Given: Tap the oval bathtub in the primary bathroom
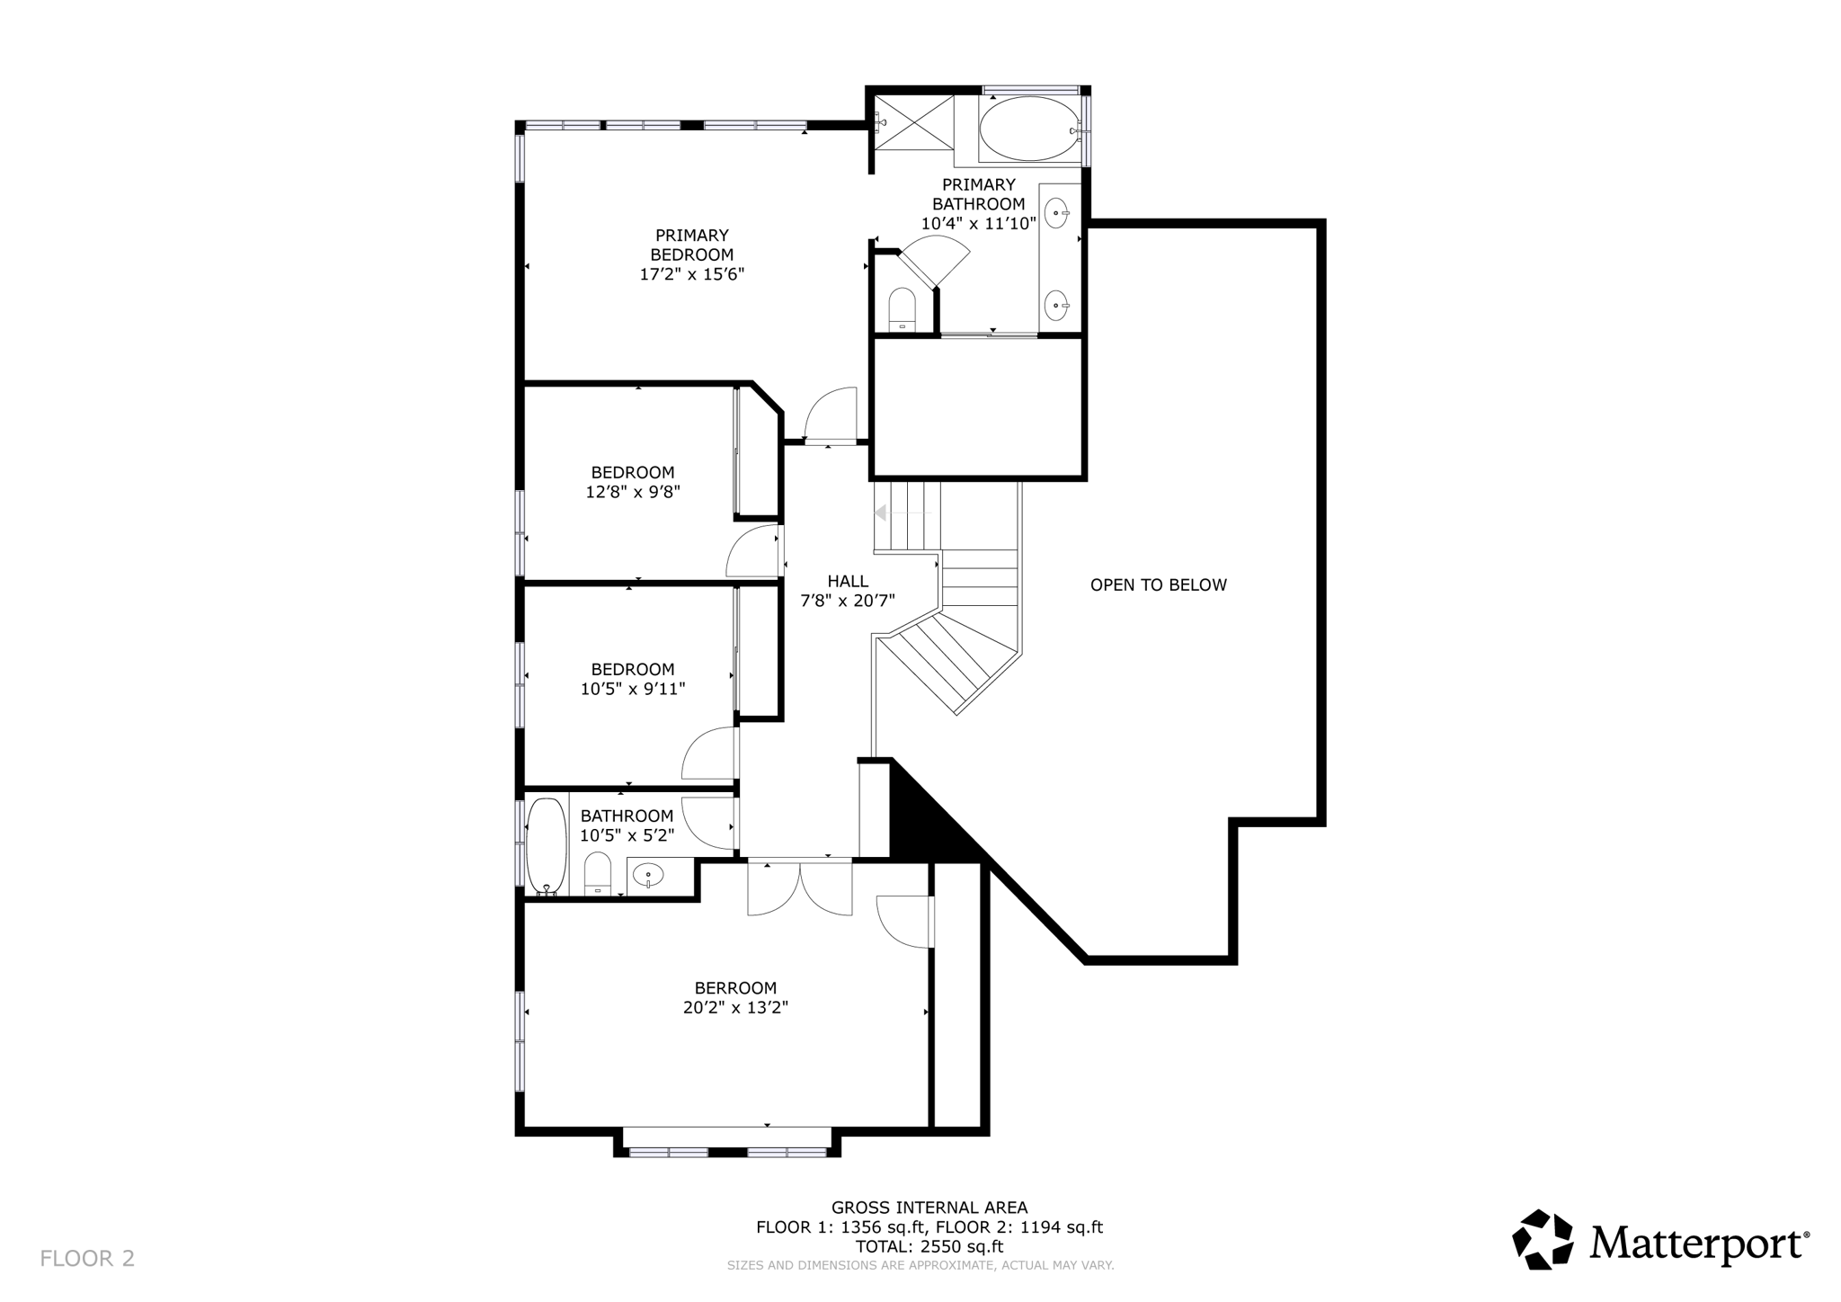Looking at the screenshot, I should point(1028,129).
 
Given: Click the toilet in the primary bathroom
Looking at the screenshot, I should point(902,308).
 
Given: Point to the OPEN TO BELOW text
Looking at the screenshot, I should point(1158,585).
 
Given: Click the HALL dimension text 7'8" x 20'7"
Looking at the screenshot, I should point(848,602).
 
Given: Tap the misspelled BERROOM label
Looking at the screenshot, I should point(734,988).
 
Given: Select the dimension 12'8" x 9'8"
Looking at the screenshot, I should point(632,493).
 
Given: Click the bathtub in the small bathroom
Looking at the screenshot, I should point(546,844).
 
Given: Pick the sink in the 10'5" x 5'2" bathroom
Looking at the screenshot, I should point(647,873).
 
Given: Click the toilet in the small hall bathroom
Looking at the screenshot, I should point(598,873).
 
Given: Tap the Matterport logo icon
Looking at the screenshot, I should point(1543,1239).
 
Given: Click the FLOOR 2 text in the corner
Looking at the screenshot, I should point(87,1258).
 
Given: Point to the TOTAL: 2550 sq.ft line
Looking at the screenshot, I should point(929,1247).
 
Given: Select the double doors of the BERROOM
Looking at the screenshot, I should point(800,889).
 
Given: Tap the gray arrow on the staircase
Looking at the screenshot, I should point(881,513).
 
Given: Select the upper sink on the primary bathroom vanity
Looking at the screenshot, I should point(1055,213).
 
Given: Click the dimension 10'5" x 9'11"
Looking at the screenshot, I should point(632,690).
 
